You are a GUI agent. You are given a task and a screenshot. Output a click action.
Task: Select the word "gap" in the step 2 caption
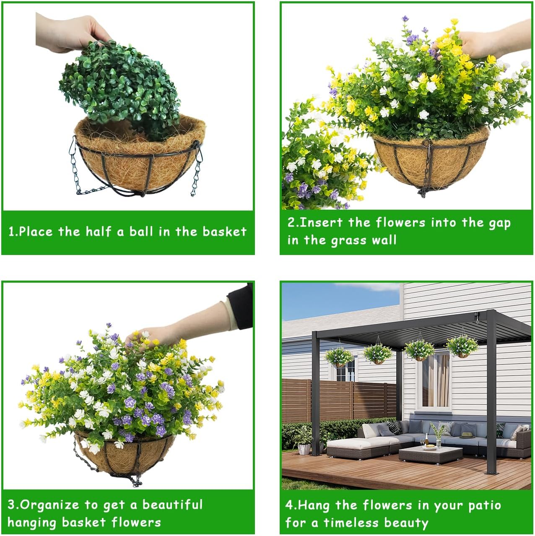499,223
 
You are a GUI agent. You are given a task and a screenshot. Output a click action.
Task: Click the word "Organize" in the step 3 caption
49,505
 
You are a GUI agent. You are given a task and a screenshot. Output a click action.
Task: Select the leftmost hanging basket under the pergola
339,357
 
